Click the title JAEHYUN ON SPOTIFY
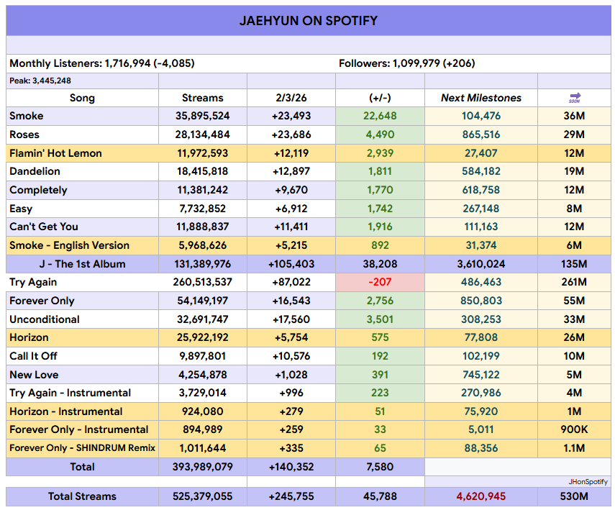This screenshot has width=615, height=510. point(308,20)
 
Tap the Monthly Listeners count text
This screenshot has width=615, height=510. point(101,63)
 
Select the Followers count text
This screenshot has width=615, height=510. point(406,63)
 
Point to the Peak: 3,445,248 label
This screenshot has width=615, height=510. point(40,81)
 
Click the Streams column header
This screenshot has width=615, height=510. point(203,98)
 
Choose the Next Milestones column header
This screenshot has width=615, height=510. point(481,98)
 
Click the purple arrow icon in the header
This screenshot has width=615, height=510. point(574,97)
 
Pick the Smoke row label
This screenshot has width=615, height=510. point(27,116)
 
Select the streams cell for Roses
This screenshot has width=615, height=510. point(203,135)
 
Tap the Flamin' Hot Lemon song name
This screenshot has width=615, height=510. point(55,153)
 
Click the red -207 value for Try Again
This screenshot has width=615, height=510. point(380,282)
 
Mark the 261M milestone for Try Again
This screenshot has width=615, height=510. point(574,282)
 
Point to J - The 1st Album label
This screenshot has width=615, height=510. point(82,264)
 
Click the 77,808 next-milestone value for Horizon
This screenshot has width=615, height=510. point(481,337)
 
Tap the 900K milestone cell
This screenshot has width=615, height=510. point(574,429)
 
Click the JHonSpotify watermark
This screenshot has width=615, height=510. point(588,481)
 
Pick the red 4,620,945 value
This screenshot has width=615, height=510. point(481,496)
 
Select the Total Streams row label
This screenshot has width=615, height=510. point(82,496)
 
